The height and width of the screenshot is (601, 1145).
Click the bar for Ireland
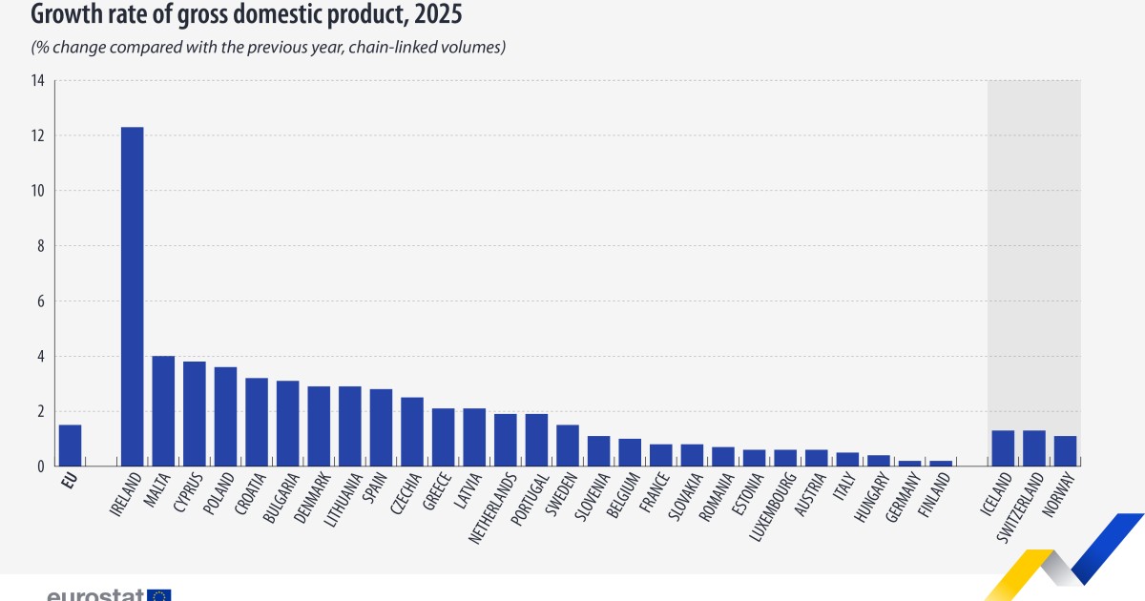click(132, 297)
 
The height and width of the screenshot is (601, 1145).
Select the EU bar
click(70, 446)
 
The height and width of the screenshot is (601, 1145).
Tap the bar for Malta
click(163, 411)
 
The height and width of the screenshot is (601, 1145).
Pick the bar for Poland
click(225, 417)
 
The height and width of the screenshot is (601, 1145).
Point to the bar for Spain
click(381, 427)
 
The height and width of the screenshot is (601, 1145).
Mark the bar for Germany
click(909, 464)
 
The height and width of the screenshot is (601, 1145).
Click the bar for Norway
click(1065, 451)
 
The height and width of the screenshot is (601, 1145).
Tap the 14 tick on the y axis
click(37, 81)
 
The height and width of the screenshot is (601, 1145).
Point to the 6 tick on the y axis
click(40, 301)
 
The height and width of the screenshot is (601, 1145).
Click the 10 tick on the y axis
click(37, 191)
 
